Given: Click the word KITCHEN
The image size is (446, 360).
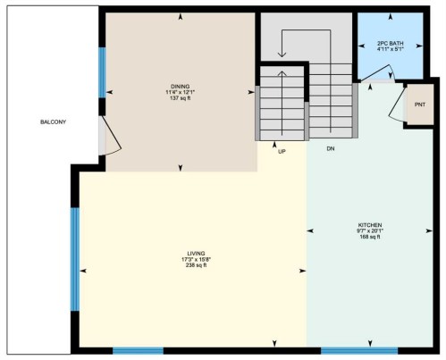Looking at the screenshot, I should (x=370, y=224).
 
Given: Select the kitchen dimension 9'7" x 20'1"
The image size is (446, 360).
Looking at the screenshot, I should (x=370, y=230).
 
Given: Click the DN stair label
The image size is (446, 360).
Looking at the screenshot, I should (x=331, y=147).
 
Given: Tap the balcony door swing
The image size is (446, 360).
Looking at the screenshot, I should (x=109, y=139).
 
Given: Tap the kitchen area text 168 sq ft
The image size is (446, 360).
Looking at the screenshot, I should (x=370, y=238).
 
